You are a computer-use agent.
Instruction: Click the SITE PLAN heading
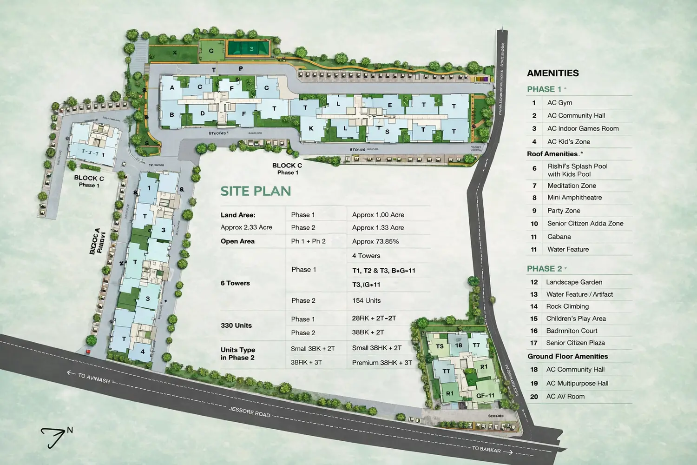click(x=256, y=191)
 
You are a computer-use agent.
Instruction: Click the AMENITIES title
click(x=552, y=73)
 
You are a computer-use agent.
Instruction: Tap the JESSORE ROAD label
click(x=250, y=412)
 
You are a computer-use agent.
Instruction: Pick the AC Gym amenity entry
click(x=559, y=103)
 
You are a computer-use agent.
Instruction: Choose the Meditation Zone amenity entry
click(x=572, y=186)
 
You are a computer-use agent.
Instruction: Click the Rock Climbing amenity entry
click(x=567, y=306)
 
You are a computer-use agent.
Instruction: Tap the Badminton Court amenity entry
click(x=572, y=331)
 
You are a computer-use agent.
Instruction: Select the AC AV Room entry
click(x=565, y=397)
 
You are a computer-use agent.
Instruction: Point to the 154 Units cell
click(x=366, y=300)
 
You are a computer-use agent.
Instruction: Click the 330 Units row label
click(x=236, y=325)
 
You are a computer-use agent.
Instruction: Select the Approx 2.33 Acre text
click(x=246, y=227)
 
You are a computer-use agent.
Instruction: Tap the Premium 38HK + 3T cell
click(x=381, y=363)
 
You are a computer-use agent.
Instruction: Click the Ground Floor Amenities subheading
click(x=567, y=357)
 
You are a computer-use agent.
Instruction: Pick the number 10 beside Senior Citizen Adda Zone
click(x=534, y=224)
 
